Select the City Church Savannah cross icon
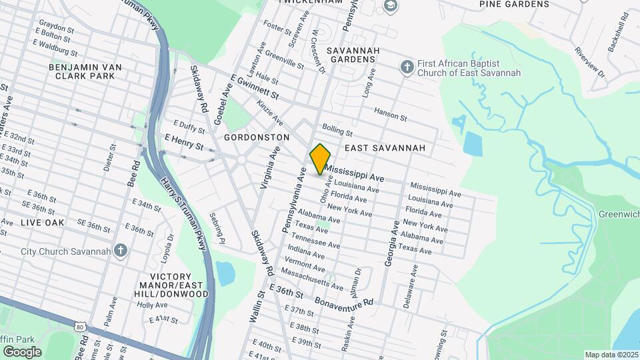[120, 251]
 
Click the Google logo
[21, 351]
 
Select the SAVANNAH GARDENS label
[353, 55]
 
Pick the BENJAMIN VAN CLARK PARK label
[91, 71]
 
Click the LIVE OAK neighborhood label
[41, 221]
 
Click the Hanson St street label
[390, 114]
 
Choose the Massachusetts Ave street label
[312, 279]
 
